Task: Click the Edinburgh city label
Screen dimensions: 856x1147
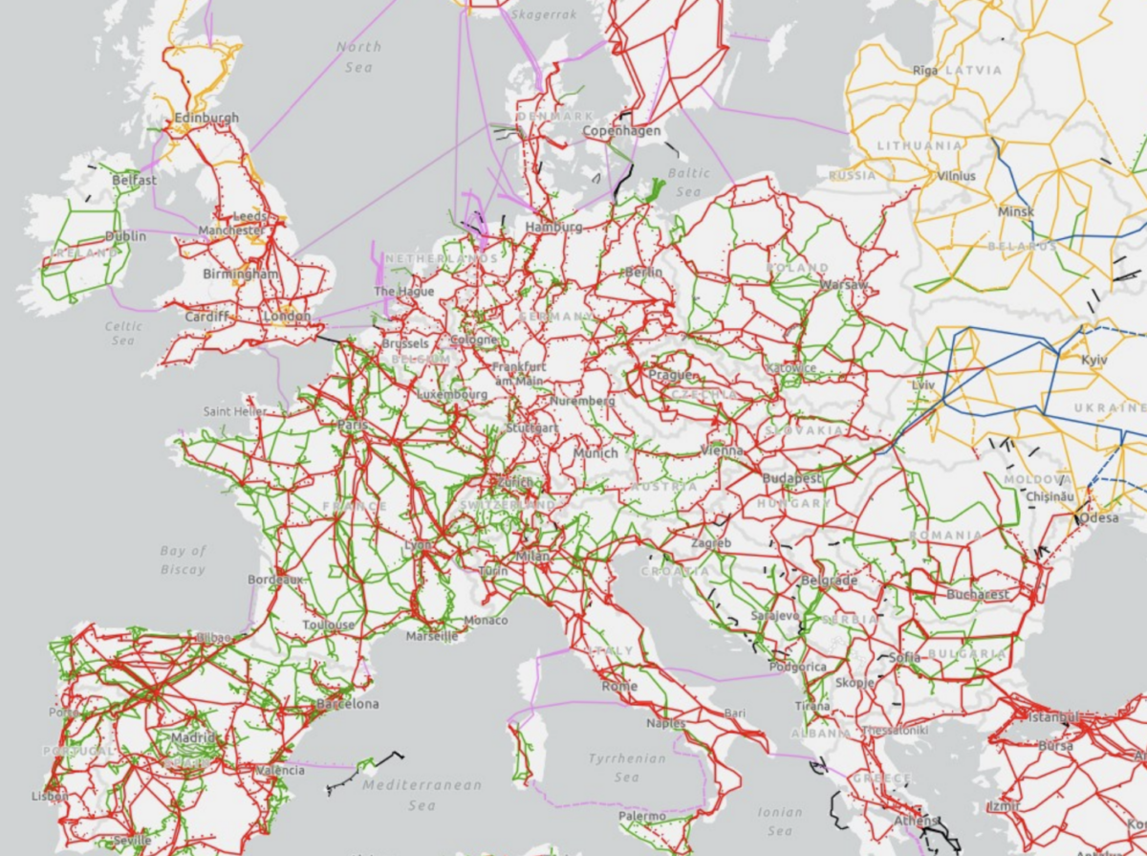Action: [206, 119]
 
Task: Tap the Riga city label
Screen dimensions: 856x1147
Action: [925, 71]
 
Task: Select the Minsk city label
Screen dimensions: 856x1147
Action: [1015, 210]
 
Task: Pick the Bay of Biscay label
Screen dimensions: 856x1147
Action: [184, 560]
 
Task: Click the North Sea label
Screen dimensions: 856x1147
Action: [358, 56]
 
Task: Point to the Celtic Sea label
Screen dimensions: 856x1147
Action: [123, 333]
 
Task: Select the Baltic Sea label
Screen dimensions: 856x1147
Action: [689, 182]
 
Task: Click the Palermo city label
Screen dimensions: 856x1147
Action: [641, 816]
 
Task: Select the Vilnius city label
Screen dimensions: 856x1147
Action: [956, 176]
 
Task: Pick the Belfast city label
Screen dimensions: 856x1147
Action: [134, 180]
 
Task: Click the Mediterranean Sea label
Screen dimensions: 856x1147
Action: [422, 794]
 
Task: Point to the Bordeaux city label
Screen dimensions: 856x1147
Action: [275, 580]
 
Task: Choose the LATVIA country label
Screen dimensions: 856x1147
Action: [973, 71]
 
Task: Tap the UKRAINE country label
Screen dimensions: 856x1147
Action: [1106, 407]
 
